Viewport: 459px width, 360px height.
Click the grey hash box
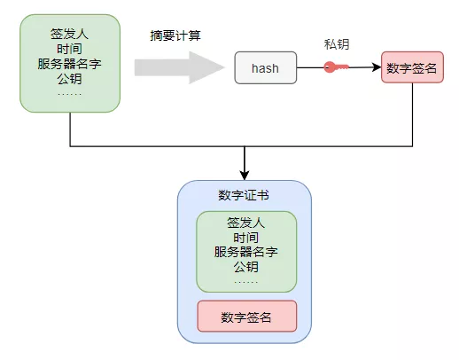pos(266,67)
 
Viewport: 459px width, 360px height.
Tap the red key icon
pos(336,67)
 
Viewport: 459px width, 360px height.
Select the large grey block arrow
pos(179,67)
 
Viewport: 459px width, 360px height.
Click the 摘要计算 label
pos(175,35)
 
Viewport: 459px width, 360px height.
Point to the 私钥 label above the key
pos(337,44)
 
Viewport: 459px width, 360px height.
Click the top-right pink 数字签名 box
pos(412,67)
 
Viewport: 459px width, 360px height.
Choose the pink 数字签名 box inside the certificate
pos(247,316)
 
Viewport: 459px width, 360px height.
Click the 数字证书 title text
pos(244,195)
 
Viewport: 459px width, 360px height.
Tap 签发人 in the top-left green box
pos(69,34)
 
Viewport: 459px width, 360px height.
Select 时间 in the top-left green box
pos(69,49)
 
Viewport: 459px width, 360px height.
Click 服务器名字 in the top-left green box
pos(69,64)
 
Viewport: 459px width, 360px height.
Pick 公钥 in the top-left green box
pos(69,79)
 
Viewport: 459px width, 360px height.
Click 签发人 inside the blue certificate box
pos(246,223)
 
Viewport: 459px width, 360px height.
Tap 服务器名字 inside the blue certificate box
pos(246,252)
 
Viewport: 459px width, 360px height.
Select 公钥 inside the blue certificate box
pos(246,267)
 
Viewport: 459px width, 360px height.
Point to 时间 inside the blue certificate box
pos(246,238)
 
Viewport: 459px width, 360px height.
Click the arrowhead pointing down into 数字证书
pos(245,176)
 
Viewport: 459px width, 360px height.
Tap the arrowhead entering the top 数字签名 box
pos(377,67)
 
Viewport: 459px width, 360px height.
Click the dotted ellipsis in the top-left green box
pos(70,94)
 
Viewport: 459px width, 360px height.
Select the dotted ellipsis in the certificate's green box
pos(246,282)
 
